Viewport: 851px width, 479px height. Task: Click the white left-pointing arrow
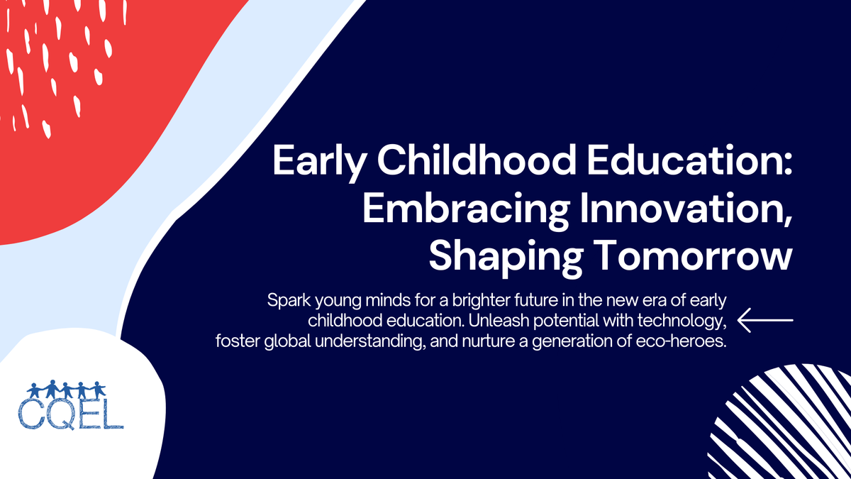point(765,321)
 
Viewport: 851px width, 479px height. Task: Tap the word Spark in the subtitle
point(287,300)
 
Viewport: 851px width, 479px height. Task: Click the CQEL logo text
point(71,414)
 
